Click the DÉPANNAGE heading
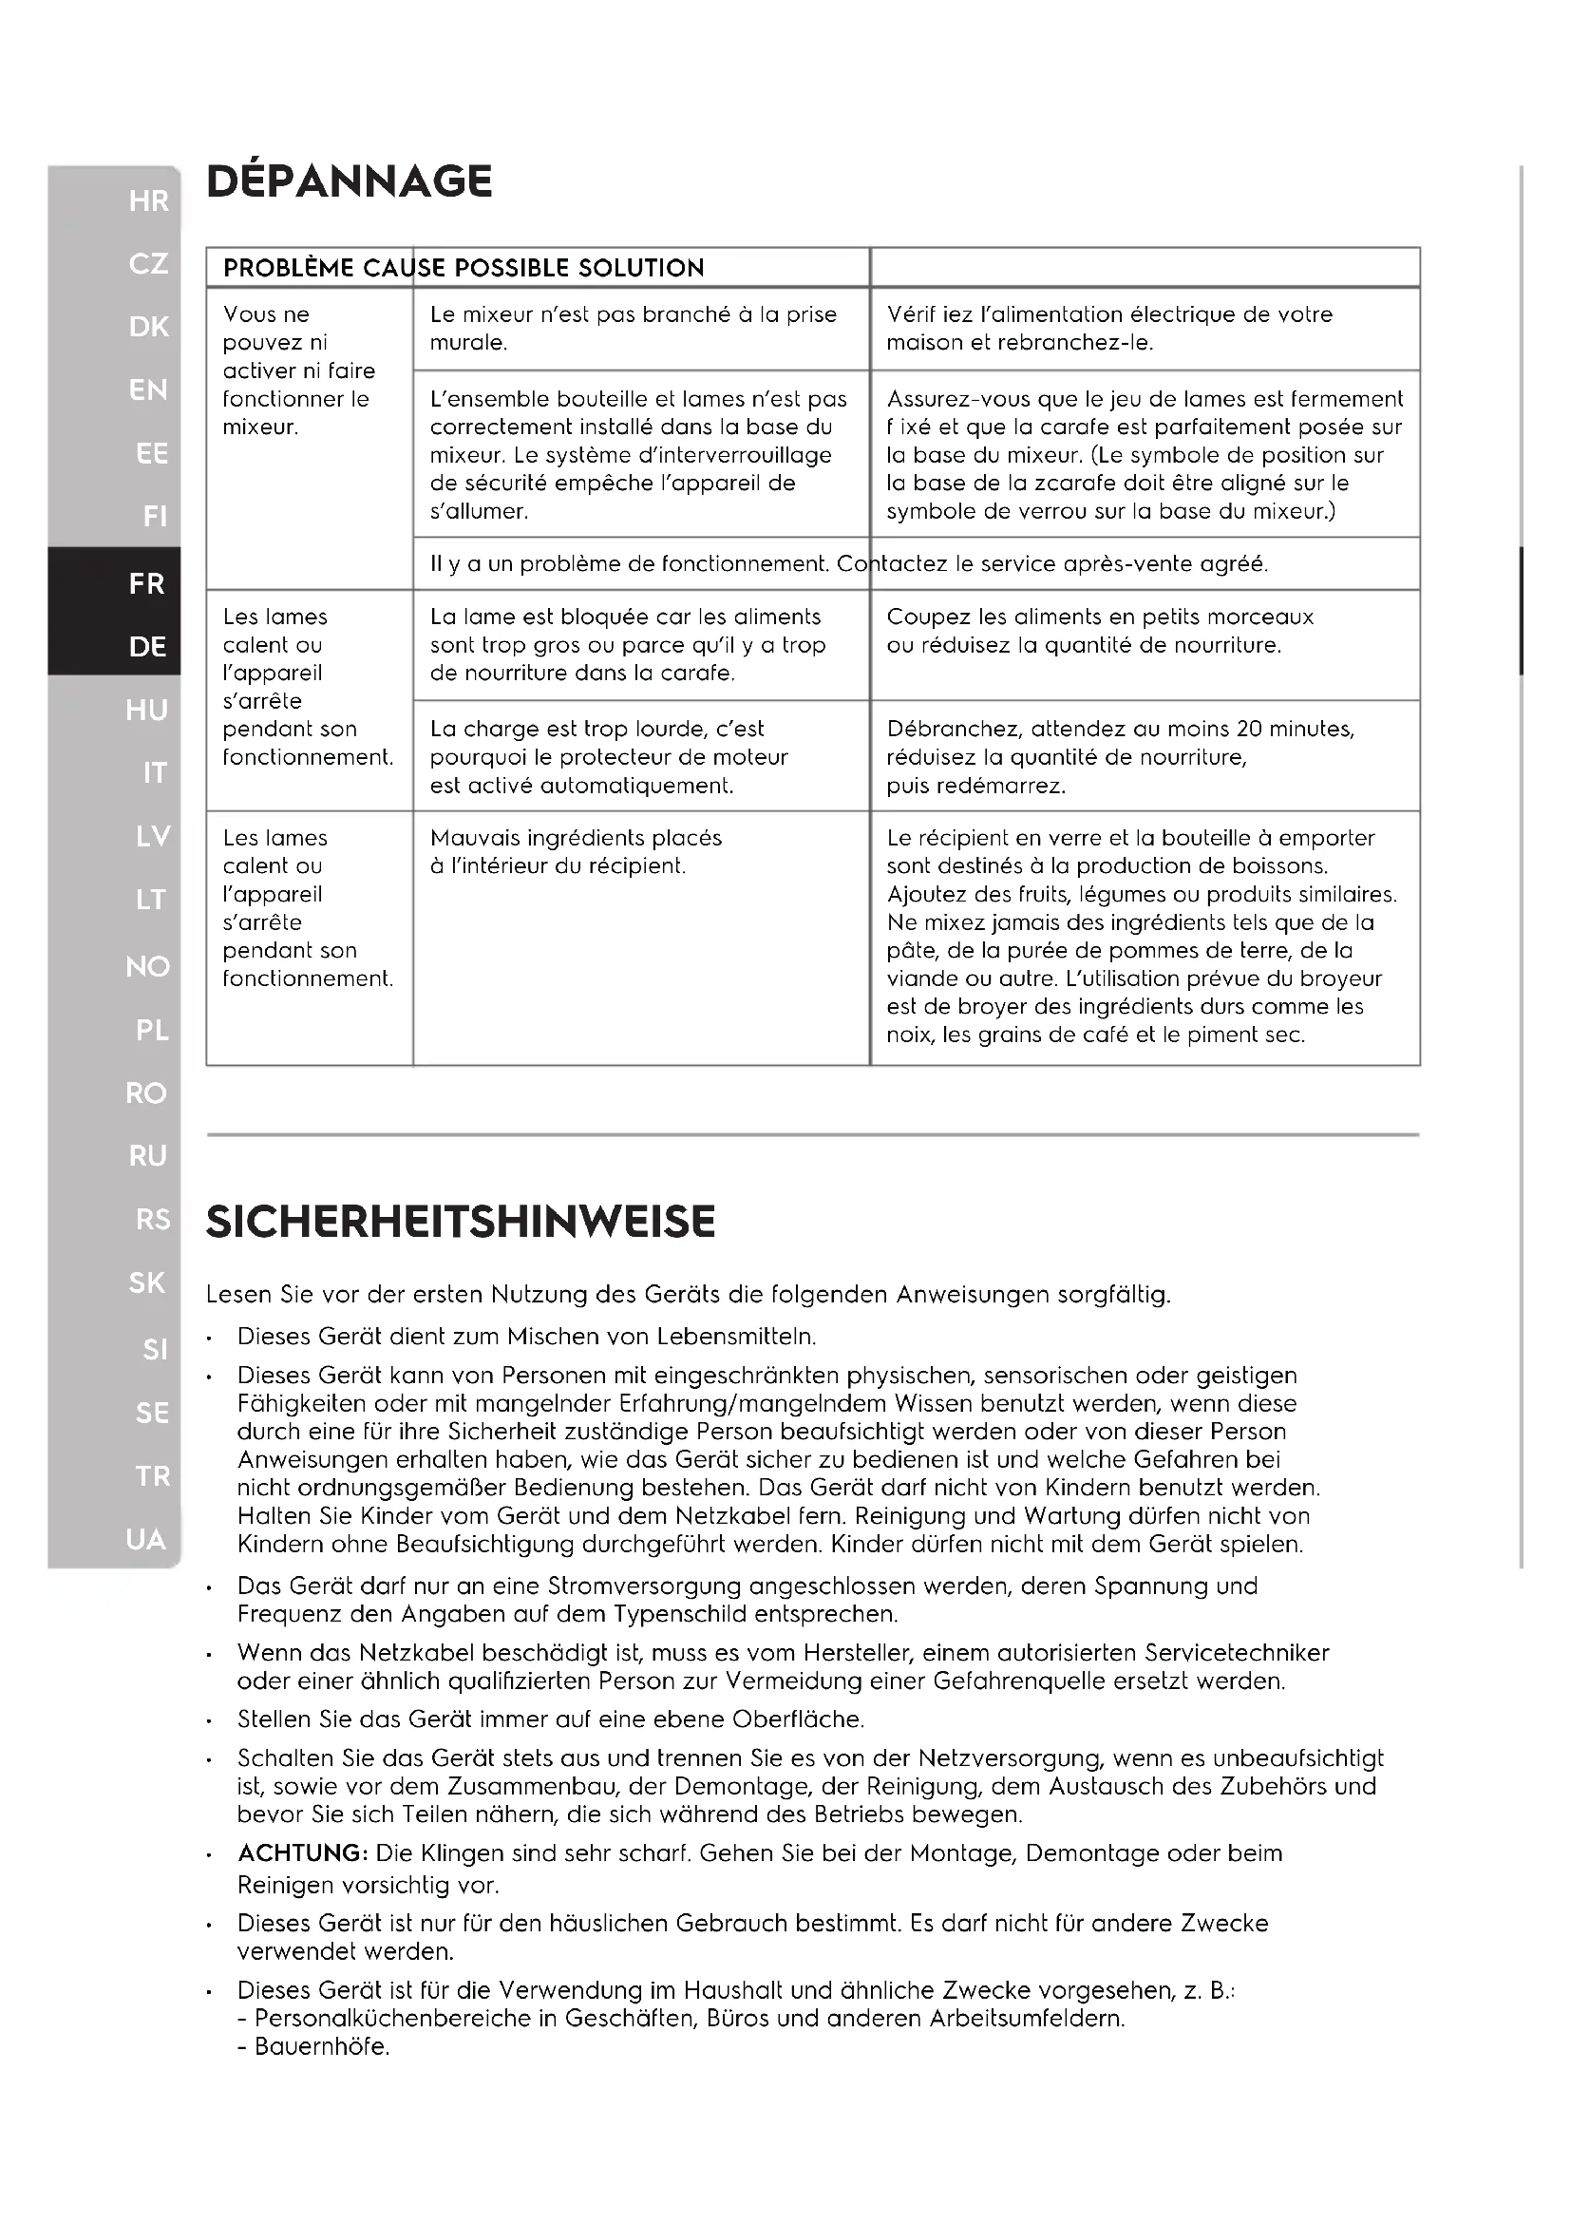[x=350, y=182]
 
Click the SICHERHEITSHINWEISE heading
[x=461, y=1222]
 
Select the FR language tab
[x=146, y=583]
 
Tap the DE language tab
[x=148, y=647]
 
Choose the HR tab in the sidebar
[x=148, y=201]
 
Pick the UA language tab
[x=146, y=1539]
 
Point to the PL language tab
[x=152, y=1030]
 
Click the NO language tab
[x=148, y=966]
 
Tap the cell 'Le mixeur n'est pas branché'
[x=633, y=328]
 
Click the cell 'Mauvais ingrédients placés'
[x=576, y=851]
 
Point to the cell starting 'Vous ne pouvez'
[x=298, y=370]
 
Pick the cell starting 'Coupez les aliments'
[x=1100, y=631]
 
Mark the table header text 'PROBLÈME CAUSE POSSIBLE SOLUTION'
[x=464, y=268]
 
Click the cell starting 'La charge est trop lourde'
[x=609, y=757]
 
